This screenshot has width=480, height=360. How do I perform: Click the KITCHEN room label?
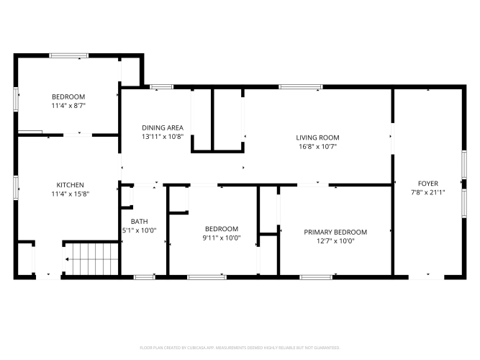pyautogui.click(x=70, y=185)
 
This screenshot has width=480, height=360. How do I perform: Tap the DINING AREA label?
pyautogui.click(x=163, y=127)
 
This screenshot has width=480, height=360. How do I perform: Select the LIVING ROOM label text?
pyautogui.click(x=317, y=138)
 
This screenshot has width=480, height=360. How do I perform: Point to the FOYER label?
pyautogui.click(x=428, y=184)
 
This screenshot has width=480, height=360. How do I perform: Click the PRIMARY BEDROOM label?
pyautogui.click(x=335, y=232)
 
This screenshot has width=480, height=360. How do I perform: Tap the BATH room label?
pyautogui.click(x=140, y=221)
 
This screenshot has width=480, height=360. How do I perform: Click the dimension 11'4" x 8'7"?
pyautogui.click(x=68, y=106)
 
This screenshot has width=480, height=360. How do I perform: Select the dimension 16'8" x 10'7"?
pyautogui.click(x=318, y=146)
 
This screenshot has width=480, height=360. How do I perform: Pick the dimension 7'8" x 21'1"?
pyautogui.click(x=428, y=192)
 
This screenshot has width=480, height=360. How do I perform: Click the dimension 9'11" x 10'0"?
pyautogui.click(x=222, y=238)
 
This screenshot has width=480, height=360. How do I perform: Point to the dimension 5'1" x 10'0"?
pyautogui.click(x=140, y=230)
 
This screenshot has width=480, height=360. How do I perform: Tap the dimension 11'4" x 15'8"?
pyautogui.click(x=71, y=194)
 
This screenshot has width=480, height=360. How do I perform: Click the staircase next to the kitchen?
pyautogui.click(x=92, y=259)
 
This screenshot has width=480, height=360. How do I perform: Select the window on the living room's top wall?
pyautogui.click(x=301, y=87)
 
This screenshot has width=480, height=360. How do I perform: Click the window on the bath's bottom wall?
pyautogui.click(x=145, y=277)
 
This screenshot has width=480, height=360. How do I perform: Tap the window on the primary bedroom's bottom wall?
pyautogui.click(x=316, y=277)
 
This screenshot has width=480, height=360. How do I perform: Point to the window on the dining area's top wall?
pyautogui.click(x=161, y=87)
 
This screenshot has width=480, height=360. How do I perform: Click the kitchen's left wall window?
pyautogui.click(x=16, y=188)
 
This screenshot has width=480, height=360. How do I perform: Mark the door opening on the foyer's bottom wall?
pyautogui.click(x=426, y=277)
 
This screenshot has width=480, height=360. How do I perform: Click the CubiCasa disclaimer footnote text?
pyautogui.click(x=240, y=348)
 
